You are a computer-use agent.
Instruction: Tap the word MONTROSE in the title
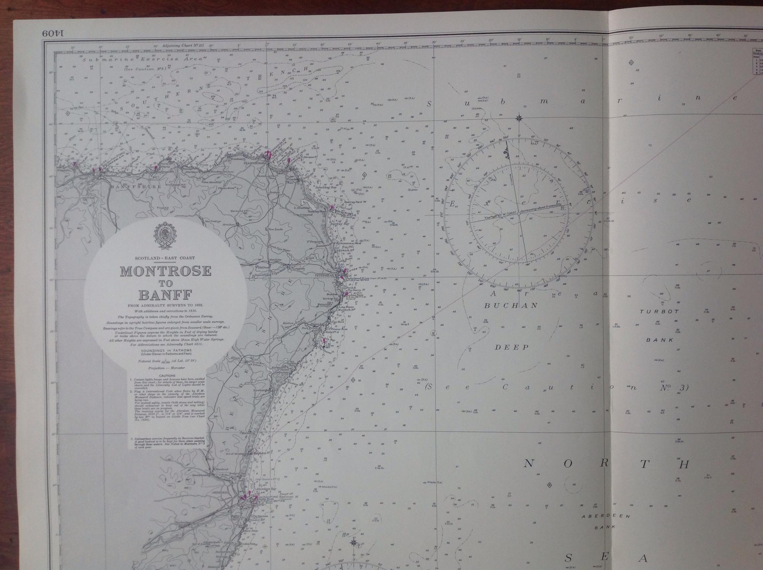point(166,271)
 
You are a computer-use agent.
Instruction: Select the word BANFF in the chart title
point(165,295)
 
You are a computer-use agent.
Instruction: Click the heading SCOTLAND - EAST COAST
point(165,258)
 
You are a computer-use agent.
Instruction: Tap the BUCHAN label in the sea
point(511,306)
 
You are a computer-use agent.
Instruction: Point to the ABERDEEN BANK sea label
point(606,521)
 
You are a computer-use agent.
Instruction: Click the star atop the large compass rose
point(519,118)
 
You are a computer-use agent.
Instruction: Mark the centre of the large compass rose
point(519,213)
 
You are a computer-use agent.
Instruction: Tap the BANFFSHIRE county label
point(136,187)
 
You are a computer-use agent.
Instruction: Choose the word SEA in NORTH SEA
point(604,558)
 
